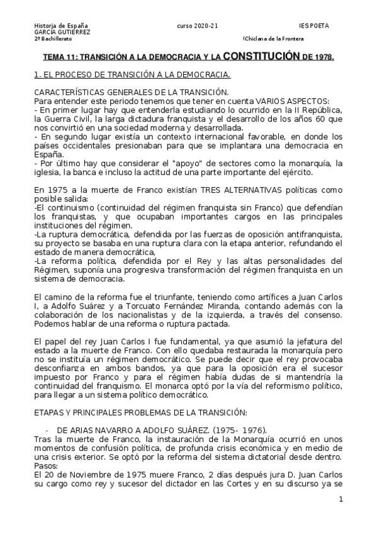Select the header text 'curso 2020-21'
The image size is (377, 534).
pyautogui.click(x=198, y=25)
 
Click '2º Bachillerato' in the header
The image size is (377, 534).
pyautogui.click(x=52, y=38)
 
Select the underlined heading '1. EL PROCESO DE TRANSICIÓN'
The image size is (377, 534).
pyautogui.click(x=100, y=75)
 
